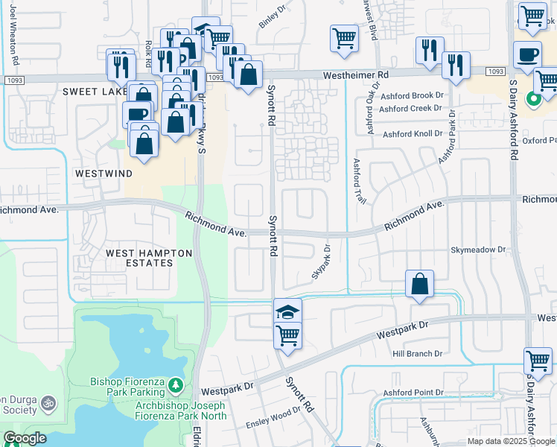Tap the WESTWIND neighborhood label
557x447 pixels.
click(x=104, y=173)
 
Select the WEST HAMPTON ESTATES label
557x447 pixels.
click(x=149, y=258)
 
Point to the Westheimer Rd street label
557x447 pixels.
click(x=356, y=75)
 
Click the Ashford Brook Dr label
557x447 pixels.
click(x=411, y=95)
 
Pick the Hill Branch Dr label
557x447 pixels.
click(x=417, y=354)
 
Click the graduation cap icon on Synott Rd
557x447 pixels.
click(x=288, y=311)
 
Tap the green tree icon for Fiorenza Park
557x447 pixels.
click(x=176, y=385)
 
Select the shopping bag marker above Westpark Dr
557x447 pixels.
click(x=420, y=284)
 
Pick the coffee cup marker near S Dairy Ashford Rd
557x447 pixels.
click(x=527, y=55)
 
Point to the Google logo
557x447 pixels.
click(x=24, y=438)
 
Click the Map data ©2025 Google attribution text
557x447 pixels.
click(x=509, y=441)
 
